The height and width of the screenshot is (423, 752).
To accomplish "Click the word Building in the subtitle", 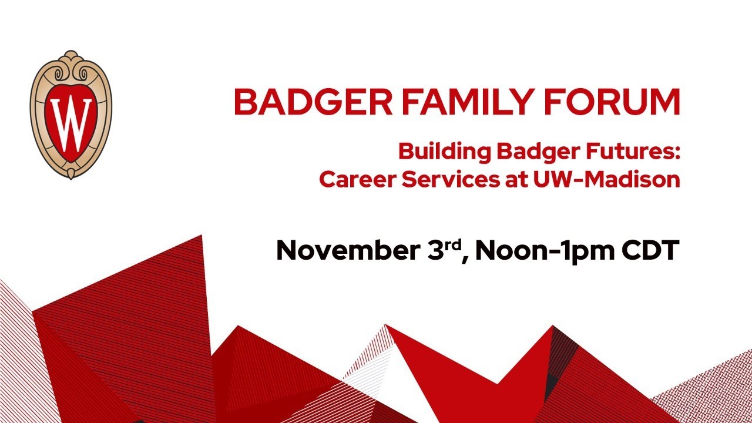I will coord(444,152).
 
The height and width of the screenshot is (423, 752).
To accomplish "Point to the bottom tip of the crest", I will coord(71,174).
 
